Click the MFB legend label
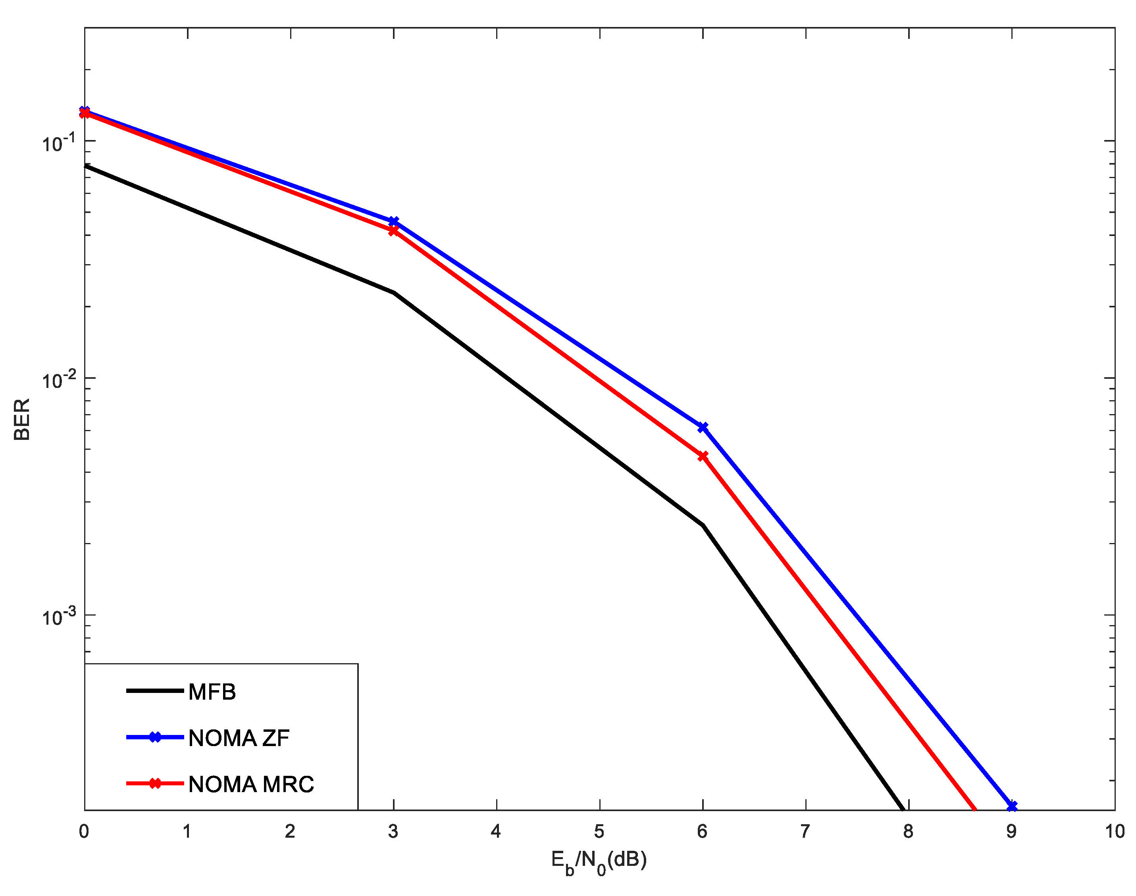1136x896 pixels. tap(212, 692)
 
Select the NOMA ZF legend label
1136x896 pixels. tap(239, 738)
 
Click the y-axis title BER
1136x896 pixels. tap(22, 420)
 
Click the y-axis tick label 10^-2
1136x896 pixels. tap(59, 380)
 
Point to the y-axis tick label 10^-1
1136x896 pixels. tap(59, 143)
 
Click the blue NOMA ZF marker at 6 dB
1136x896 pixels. tap(703, 428)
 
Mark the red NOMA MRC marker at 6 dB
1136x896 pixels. tap(703, 457)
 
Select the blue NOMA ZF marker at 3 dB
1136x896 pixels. tap(394, 221)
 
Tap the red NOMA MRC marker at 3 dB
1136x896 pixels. tap(394, 230)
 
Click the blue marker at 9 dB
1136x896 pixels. tap(1012, 806)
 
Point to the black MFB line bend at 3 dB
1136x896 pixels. tap(394, 293)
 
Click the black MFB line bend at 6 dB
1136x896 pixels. tap(703, 525)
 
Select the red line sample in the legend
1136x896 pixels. tap(155, 784)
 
